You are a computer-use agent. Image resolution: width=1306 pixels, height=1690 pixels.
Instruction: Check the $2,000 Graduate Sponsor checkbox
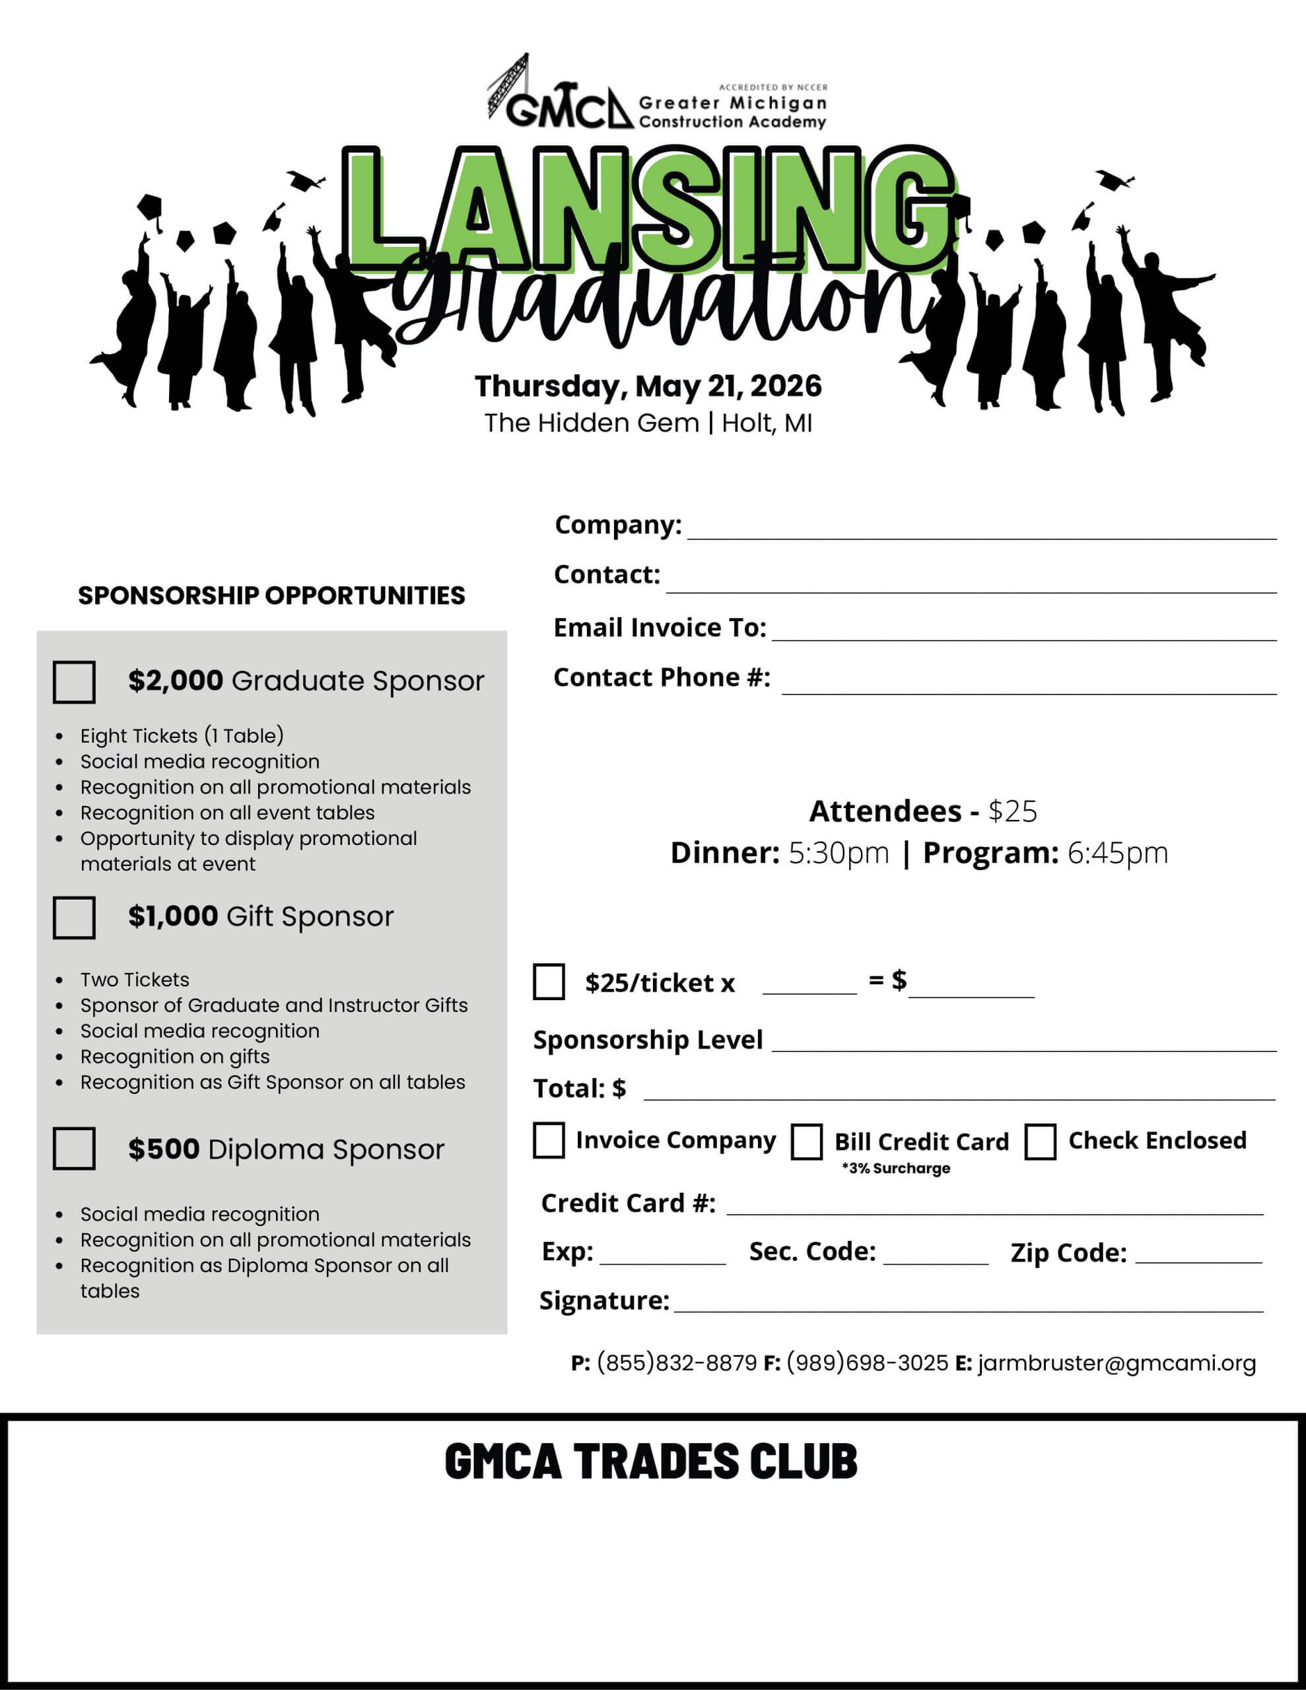[75, 682]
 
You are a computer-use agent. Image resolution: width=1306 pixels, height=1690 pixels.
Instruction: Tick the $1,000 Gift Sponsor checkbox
[75, 918]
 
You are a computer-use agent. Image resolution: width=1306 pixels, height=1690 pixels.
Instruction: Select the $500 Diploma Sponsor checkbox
[75, 1148]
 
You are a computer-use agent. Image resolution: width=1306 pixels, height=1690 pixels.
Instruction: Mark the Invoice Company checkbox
[549, 1141]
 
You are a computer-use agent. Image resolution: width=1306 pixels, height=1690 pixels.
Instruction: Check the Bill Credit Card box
[807, 1142]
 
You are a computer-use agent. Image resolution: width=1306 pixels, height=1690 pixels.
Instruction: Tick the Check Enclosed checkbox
[1041, 1142]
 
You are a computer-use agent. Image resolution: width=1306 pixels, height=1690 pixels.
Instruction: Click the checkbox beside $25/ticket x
[549, 982]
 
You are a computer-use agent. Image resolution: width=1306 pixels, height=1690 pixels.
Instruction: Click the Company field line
[981, 529]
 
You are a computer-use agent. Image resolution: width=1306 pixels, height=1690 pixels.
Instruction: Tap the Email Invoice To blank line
[1023, 631]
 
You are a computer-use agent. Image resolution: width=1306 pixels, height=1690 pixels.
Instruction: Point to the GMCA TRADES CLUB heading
[651, 1461]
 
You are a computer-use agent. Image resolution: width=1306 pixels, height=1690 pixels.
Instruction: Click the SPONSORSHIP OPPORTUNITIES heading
[272, 595]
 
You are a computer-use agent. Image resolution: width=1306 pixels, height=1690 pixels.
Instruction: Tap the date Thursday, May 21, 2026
[649, 386]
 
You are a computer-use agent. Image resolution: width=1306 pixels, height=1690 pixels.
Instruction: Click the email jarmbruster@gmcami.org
[1117, 1363]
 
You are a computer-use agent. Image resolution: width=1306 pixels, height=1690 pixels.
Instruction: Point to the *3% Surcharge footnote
[896, 1168]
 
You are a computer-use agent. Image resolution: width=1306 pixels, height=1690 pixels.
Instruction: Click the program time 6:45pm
[1117, 853]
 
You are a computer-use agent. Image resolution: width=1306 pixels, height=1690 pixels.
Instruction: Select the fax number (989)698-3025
[867, 1363]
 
